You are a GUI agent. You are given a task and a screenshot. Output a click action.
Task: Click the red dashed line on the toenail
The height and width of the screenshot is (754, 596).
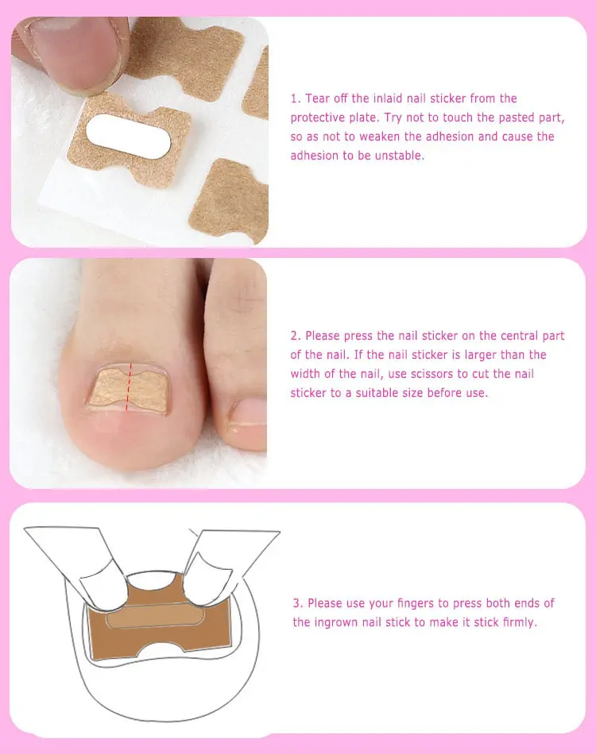129,387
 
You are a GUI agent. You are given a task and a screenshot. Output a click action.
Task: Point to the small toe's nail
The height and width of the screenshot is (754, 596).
248,413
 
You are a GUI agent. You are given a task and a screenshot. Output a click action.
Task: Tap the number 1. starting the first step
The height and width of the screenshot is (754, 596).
296,98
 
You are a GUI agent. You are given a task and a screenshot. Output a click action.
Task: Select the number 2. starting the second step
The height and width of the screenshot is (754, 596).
296,336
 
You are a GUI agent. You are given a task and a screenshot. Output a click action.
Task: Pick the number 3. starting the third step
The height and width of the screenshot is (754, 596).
298,603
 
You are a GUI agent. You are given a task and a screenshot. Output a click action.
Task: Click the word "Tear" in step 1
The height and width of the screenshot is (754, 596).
316,98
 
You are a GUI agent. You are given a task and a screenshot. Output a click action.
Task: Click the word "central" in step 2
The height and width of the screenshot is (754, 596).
519,336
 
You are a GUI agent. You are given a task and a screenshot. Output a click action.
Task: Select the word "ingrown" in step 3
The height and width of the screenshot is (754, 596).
336,623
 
